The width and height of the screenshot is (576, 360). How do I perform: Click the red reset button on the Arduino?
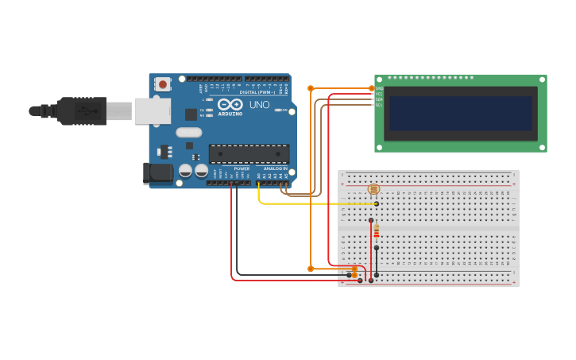tap(163, 83)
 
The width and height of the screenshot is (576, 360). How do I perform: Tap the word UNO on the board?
tap(260, 105)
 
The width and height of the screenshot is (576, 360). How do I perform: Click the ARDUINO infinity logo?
tap(230, 106)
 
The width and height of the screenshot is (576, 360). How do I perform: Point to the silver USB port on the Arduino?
tap(153, 111)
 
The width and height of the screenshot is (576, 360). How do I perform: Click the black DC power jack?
tap(157, 173)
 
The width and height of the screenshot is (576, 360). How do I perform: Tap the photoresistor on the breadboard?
tap(373, 189)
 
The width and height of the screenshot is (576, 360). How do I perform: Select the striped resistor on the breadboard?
tap(377, 231)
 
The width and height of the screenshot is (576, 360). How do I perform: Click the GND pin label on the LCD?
tap(379, 88)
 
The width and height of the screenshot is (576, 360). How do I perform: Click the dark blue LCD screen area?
tap(460, 114)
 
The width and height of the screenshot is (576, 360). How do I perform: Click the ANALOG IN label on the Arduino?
tap(275, 168)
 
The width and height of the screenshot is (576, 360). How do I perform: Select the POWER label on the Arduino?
tap(242, 168)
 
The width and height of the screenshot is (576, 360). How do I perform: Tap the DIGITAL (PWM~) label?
tap(257, 92)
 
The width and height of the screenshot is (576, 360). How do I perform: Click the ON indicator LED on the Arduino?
tap(278, 110)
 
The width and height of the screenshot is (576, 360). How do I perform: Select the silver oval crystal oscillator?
tap(189, 133)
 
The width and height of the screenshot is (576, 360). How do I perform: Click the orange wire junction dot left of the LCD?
tap(311, 88)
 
